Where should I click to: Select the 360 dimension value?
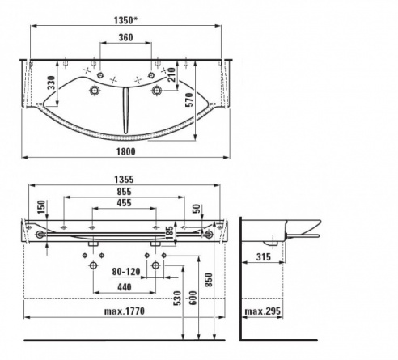[x=126, y=37]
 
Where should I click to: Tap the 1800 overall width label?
[x=126, y=152]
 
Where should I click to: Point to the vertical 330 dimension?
[x=51, y=83]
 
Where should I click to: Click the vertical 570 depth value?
[x=189, y=100]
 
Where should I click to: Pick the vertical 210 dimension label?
[x=171, y=74]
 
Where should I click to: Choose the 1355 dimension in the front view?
[x=124, y=180]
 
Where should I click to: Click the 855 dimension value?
[x=124, y=192]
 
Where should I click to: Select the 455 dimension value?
[x=124, y=203]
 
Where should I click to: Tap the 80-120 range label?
[x=126, y=272]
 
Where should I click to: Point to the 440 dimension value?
[x=125, y=287]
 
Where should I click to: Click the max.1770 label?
[x=125, y=311]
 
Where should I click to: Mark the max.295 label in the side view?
[x=263, y=311]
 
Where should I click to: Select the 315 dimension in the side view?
[x=263, y=257]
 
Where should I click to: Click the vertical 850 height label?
[x=209, y=280]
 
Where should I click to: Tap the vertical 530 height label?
[x=177, y=298]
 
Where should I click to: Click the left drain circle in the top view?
[x=95, y=90]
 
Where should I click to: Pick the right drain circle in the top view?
[x=156, y=90]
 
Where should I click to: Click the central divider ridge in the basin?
[x=125, y=111]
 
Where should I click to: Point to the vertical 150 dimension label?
[x=41, y=207]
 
